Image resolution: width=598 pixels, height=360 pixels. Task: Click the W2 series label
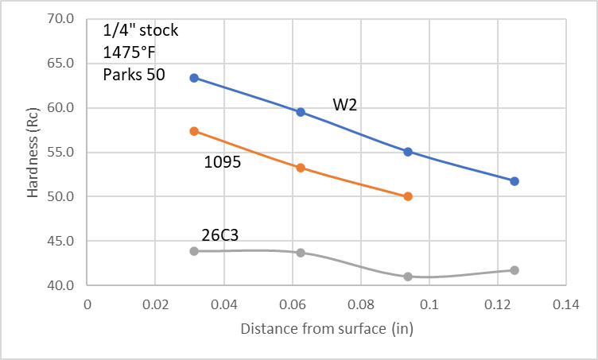(345, 104)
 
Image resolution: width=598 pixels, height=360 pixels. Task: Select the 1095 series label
(223, 161)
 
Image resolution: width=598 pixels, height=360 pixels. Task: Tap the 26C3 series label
(219, 234)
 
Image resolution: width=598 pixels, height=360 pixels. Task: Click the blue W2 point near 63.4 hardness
(194, 78)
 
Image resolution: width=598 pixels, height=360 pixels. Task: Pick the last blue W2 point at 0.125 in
(515, 181)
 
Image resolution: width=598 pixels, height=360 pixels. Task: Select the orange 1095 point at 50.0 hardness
(408, 196)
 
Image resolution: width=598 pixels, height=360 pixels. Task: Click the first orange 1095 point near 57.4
(194, 131)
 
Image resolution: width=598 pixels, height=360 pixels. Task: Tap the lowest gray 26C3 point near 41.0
(408, 277)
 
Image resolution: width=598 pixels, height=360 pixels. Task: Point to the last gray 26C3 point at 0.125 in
(515, 270)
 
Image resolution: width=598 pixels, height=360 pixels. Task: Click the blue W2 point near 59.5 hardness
(301, 112)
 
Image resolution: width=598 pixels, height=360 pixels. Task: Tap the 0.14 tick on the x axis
(567, 303)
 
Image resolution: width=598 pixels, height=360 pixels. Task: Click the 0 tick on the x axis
(87, 303)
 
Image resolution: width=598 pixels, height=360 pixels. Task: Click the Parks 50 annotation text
(134, 75)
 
